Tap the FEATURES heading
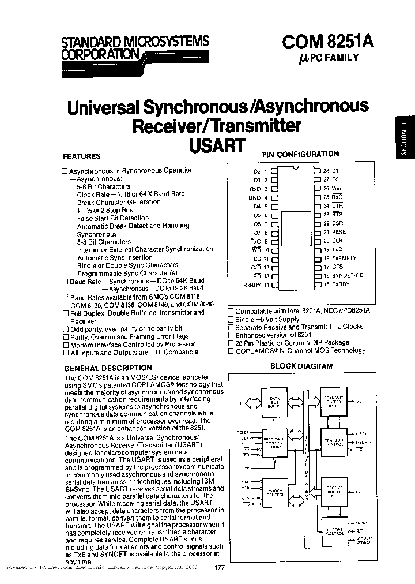pyautogui.click(x=81, y=156)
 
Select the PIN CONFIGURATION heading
pyautogui.click(x=300, y=154)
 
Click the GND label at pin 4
pyautogui.click(x=254, y=197)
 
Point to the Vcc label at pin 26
pyautogui.click(x=337, y=189)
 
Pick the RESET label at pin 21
pyautogui.click(x=341, y=231)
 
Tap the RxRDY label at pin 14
pyautogui.click(x=252, y=284)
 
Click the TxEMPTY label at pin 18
pyautogui.click(x=344, y=258)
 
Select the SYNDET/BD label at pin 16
pyautogui.click(x=347, y=275)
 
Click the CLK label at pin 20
pyautogui.click(x=337, y=241)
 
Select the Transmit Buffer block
pyautogui.click(x=335, y=402)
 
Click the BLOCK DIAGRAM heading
pyautogui.click(x=301, y=366)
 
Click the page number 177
pyautogui.click(x=219, y=568)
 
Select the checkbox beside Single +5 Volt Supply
pyautogui.click(x=231, y=319)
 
